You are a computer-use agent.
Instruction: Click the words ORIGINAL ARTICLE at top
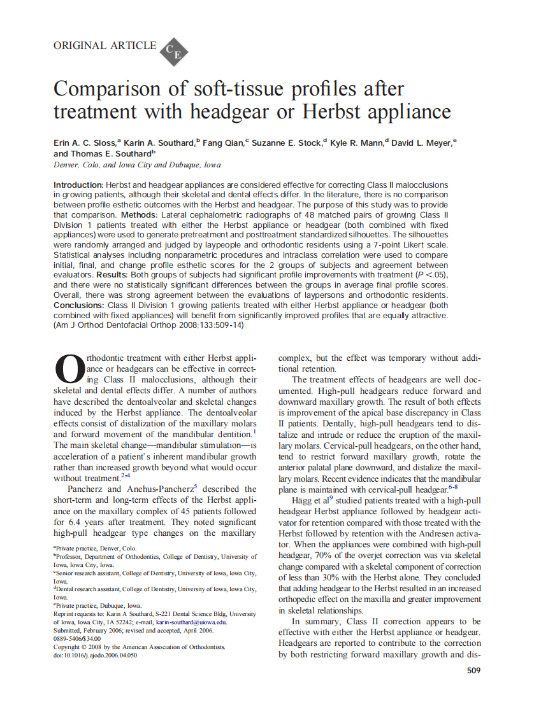[105, 45]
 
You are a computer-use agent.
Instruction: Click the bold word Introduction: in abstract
[78, 185]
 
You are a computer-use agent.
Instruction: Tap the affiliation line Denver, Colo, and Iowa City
[137, 164]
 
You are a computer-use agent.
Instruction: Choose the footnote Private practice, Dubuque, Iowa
[99, 605]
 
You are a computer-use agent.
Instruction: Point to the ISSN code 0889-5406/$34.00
[77, 638]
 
